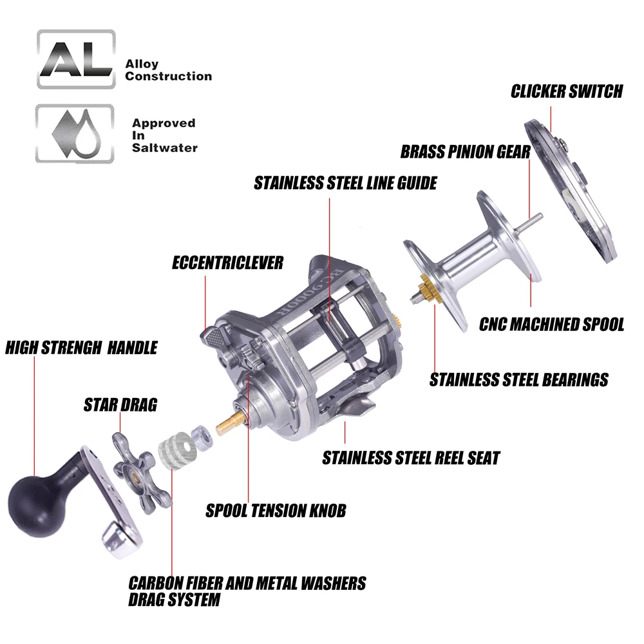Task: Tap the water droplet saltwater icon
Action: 76,133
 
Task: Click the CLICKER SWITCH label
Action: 567,91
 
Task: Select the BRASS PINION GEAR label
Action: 465,152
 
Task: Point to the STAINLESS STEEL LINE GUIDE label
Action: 345,183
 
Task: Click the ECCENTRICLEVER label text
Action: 227,263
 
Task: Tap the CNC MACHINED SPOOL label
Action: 551,324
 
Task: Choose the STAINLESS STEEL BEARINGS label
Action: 518,380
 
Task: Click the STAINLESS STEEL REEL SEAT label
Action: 411,459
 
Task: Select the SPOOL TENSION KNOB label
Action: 276,511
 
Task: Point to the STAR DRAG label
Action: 120,405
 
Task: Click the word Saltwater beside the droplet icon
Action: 164,147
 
